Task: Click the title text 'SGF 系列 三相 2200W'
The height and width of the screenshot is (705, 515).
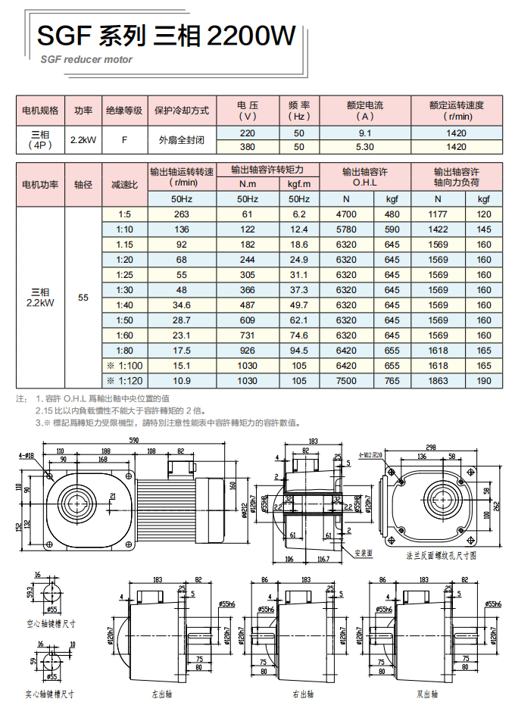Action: coord(166,36)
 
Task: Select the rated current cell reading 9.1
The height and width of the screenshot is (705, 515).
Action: coord(365,133)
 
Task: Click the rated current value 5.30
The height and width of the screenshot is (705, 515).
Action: coord(365,147)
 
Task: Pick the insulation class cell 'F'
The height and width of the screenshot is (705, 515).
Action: coord(123,140)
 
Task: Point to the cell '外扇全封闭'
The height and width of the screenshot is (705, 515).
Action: coord(183,140)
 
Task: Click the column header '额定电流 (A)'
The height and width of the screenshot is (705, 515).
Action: coord(365,111)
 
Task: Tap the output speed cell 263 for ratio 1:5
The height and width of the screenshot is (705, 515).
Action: coord(181,214)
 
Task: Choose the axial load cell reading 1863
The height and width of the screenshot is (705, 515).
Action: coord(438,381)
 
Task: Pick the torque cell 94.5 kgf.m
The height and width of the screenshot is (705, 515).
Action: coord(299,351)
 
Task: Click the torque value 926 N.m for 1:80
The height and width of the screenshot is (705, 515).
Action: coord(247,351)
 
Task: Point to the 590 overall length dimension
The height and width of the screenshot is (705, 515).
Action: coord(135,440)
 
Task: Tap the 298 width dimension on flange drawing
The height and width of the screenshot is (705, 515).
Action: coord(429,447)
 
